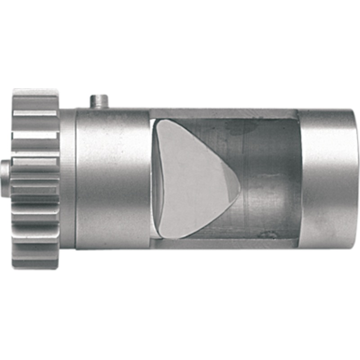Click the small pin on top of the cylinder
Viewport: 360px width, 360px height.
pos(99,101)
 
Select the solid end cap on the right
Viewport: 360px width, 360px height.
pos(326,178)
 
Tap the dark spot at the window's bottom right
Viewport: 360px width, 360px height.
pos(270,234)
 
